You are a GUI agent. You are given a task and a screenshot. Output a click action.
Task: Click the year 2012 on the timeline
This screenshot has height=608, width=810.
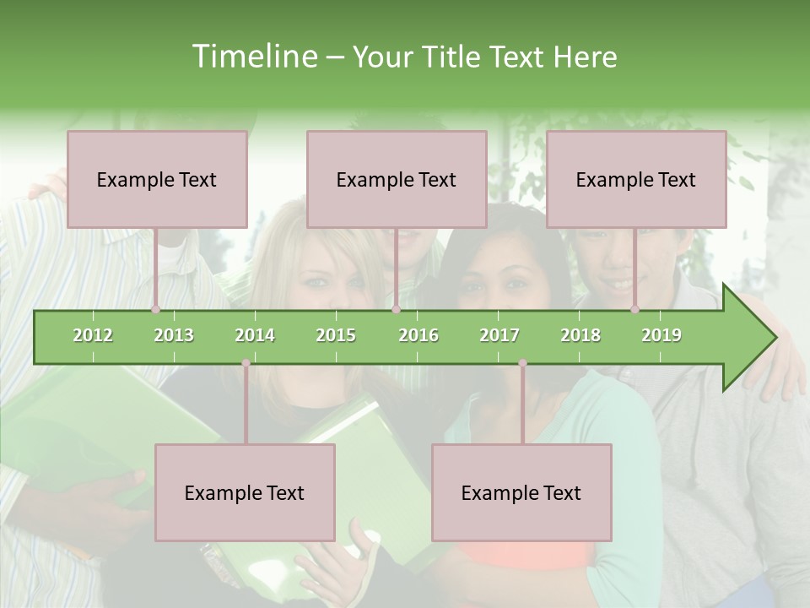pyautogui.click(x=93, y=335)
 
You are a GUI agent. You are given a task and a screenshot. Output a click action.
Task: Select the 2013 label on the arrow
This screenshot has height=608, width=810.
pyautogui.click(x=174, y=335)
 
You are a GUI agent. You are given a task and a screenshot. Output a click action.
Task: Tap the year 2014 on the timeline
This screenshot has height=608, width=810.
pyautogui.click(x=255, y=335)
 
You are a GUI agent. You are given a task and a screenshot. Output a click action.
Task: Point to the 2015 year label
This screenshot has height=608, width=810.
pyautogui.click(x=336, y=335)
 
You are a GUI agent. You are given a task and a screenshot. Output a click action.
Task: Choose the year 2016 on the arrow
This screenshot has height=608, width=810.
pyautogui.click(x=418, y=335)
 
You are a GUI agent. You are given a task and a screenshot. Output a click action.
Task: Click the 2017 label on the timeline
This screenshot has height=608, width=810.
pyautogui.click(x=499, y=335)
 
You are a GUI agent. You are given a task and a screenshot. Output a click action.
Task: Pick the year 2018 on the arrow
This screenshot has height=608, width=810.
pyautogui.click(x=580, y=335)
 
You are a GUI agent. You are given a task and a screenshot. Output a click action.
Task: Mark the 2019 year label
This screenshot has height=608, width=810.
pyautogui.click(x=661, y=335)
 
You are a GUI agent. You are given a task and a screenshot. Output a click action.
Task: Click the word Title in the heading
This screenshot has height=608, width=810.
pyautogui.click(x=453, y=57)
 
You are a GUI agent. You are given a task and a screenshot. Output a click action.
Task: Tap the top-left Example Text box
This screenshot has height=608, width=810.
pyautogui.click(x=157, y=179)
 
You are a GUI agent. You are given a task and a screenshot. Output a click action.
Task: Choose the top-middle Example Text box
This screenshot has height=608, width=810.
pyautogui.click(x=397, y=179)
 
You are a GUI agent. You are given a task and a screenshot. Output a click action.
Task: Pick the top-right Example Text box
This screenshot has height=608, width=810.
pyautogui.click(x=636, y=179)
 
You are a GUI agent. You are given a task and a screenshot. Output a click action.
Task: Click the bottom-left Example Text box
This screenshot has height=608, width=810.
pyautogui.click(x=245, y=492)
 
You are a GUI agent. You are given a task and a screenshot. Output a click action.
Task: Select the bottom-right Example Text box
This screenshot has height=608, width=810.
pyautogui.click(x=521, y=492)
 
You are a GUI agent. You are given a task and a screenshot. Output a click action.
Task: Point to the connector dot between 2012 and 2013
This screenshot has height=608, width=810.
pyautogui.click(x=155, y=310)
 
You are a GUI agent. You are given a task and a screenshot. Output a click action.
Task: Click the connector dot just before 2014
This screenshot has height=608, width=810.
pyautogui.click(x=246, y=364)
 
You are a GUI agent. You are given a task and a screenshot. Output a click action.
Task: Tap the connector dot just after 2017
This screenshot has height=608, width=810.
pyautogui.click(x=522, y=364)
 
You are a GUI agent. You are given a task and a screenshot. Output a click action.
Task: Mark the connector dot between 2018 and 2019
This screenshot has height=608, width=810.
pyautogui.click(x=634, y=310)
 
